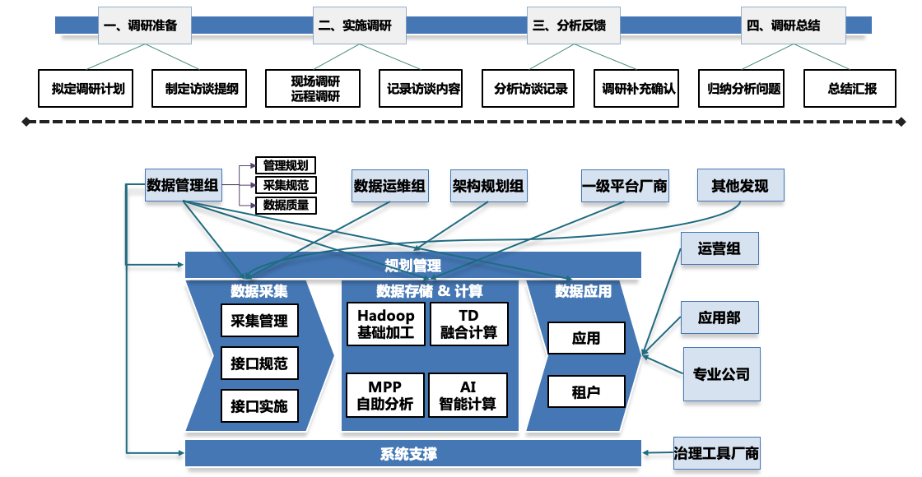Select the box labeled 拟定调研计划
(x=88, y=89)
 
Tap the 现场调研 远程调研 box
(x=314, y=89)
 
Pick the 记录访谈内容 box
(x=424, y=89)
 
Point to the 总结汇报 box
(x=851, y=89)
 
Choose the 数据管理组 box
(x=182, y=186)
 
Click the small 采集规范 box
(x=286, y=185)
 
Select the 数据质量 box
(x=286, y=205)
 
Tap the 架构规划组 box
(x=488, y=186)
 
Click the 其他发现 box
(x=740, y=186)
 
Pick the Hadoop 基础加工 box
(x=386, y=325)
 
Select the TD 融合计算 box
(x=468, y=325)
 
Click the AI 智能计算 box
(x=468, y=395)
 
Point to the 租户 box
(x=586, y=392)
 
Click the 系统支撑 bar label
(x=409, y=453)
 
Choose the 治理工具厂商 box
(x=716, y=453)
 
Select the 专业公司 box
(x=722, y=374)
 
